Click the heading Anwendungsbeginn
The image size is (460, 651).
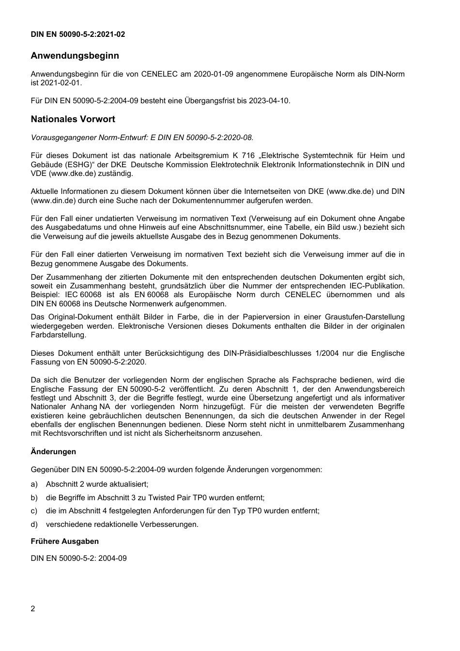coord(75,56)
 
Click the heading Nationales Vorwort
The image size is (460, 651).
coord(73,119)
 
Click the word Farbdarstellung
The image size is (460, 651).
coord(58,335)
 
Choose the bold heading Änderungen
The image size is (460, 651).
coord(53,452)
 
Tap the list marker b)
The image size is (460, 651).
coord(34,497)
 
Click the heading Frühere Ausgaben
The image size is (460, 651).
coord(64,541)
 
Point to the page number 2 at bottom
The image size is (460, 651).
coord(33,609)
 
